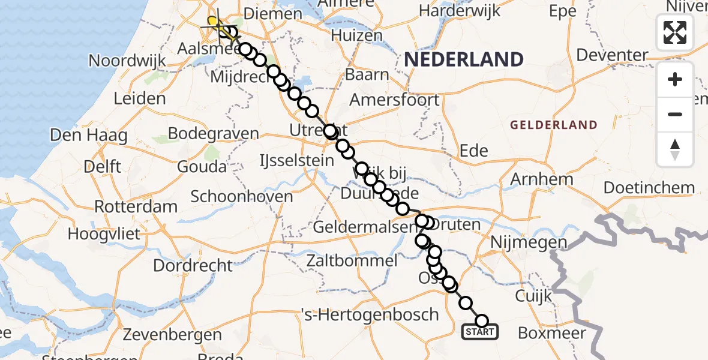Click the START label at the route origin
tap(479, 332)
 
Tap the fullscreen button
tap(675, 32)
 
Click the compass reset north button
tap(675, 149)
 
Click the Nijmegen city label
tap(529, 243)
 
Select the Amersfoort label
tap(395, 100)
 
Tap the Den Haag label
tap(89, 136)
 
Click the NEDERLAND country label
tap(464, 59)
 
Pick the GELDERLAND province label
tap(553, 125)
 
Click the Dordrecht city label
tap(193, 265)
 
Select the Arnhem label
tap(542, 179)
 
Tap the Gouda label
tap(202, 167)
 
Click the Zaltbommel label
tap(352, 261)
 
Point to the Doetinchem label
tap(649, 188)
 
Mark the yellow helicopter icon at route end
tap(214, 22)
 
